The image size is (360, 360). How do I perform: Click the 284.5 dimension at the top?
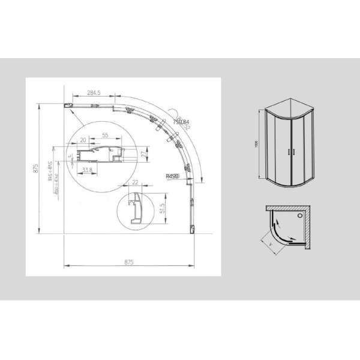pyautogui.click(x=92, y=93)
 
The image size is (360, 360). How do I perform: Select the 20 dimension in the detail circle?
pyautogui.click(x=83, y=139)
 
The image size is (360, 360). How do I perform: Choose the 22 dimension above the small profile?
pyautogui.click(x=136, y=182)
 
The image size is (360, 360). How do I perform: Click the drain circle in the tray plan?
pyautogui.click(x=301, y=214)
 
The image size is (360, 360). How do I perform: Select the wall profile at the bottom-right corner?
pyautogui.click(x=193, y=228)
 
